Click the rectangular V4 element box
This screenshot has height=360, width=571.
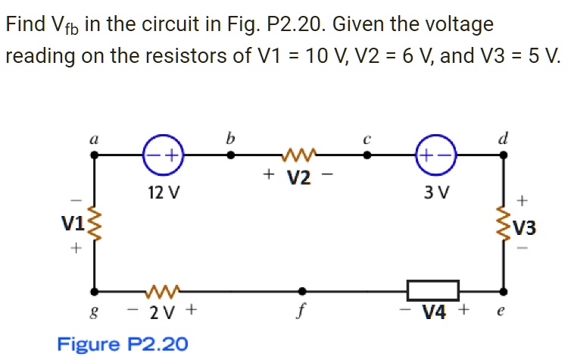point(433,290)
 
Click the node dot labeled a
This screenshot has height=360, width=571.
point(95,155)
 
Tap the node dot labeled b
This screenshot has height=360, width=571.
point(231,155)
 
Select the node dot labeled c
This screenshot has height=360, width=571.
point(367,155)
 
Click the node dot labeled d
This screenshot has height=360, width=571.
point(504,155)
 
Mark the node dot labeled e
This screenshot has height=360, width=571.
point(504,290)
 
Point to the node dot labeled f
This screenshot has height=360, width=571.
point(302,290)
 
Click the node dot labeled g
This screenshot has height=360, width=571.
point(95,290)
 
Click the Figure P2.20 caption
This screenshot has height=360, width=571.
point(123,344)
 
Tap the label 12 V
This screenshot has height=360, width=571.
point(164,192)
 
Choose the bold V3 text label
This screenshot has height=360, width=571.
point(524,227)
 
